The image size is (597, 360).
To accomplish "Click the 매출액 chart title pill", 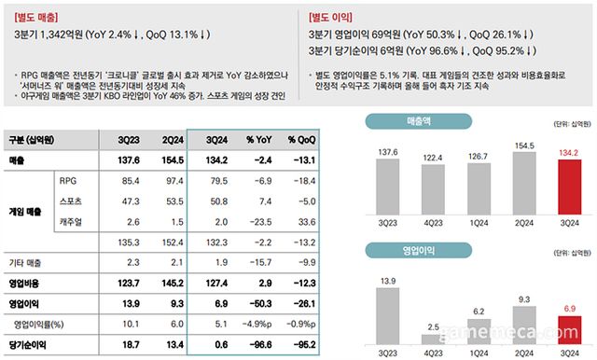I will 400,122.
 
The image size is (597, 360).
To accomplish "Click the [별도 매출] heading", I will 36,15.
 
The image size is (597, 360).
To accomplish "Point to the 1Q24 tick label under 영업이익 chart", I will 473,353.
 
